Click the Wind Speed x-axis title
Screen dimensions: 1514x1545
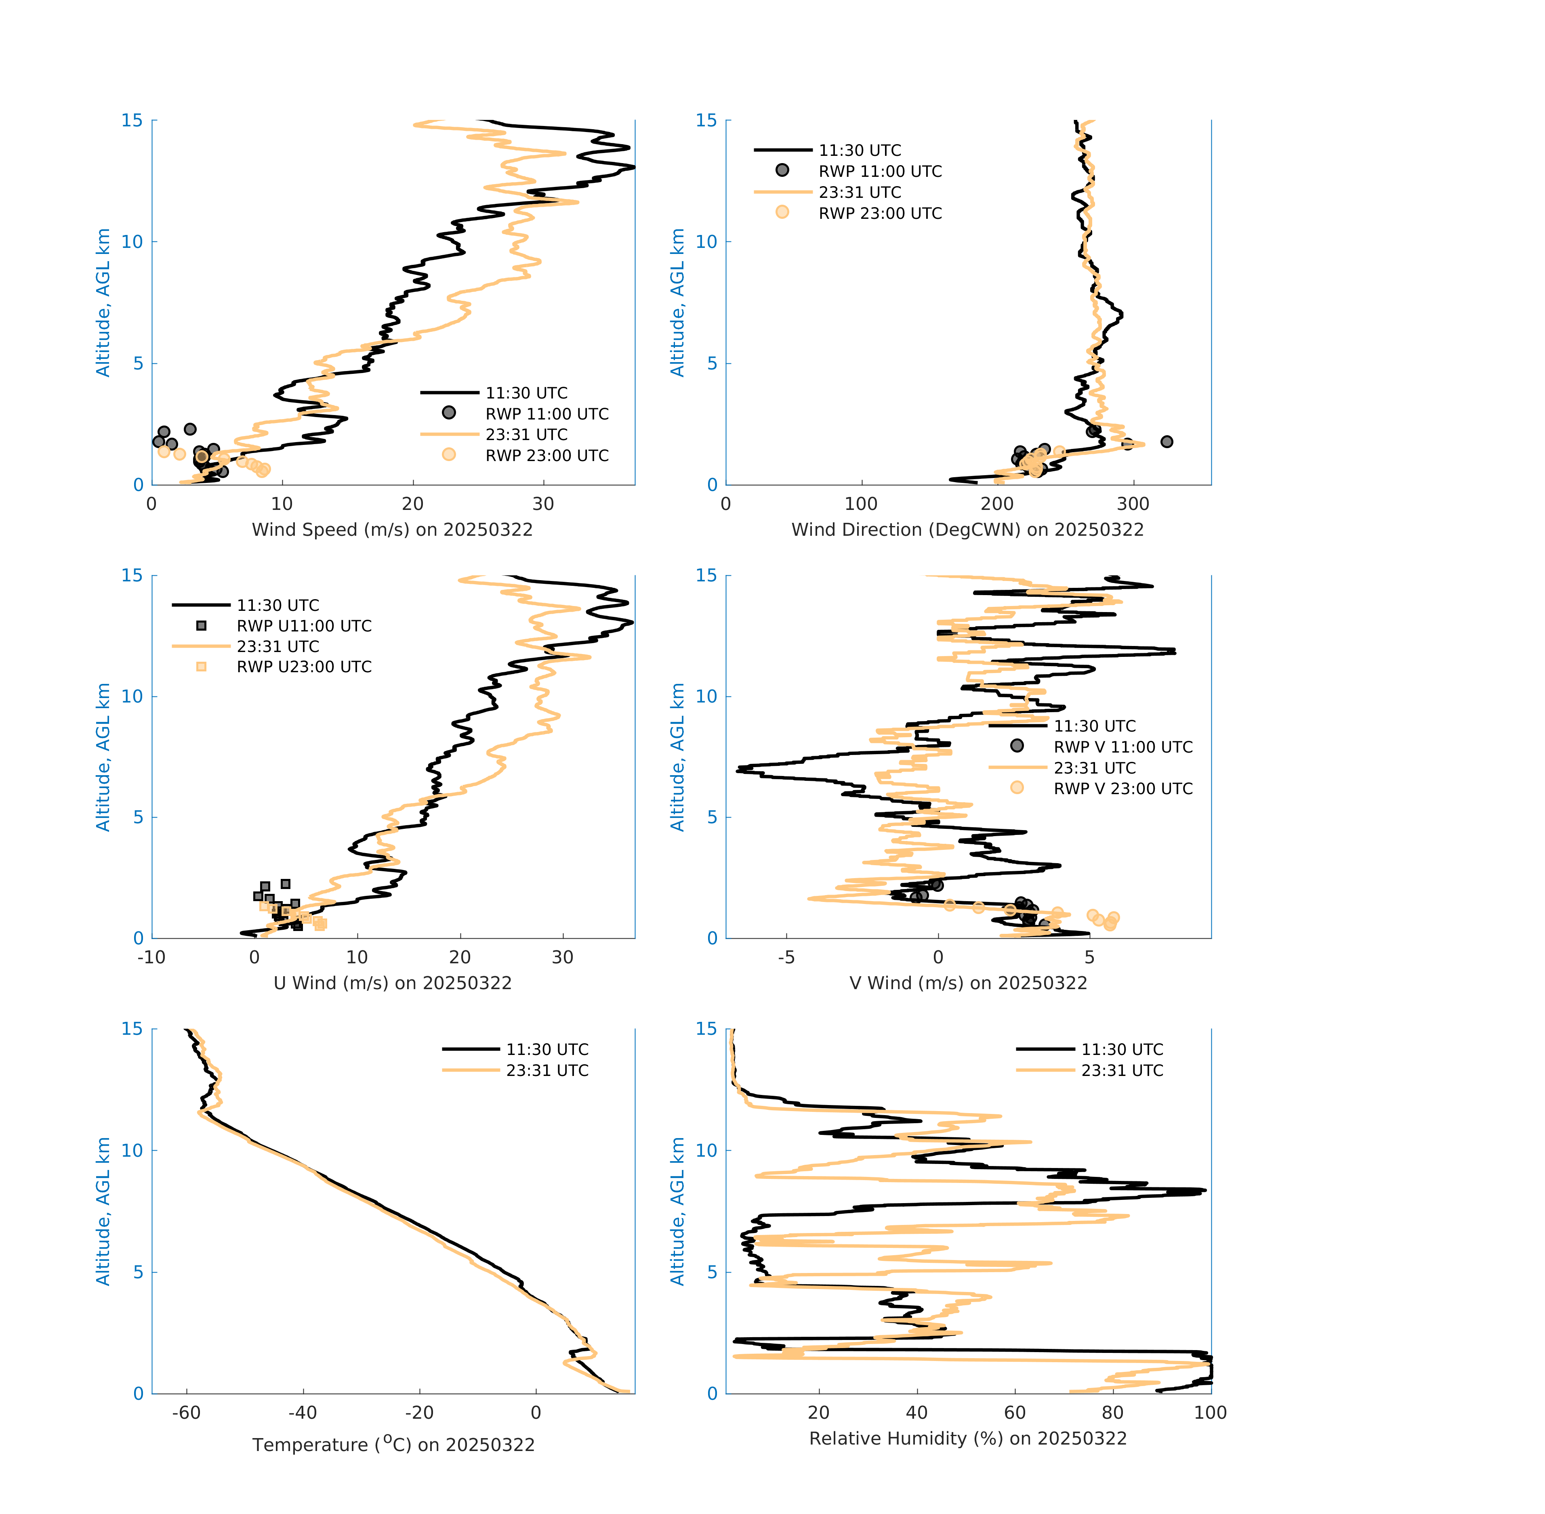coord(392,530)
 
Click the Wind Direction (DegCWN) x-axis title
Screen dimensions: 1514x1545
coord(967,530)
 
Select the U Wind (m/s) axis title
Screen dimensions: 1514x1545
coord(392,983)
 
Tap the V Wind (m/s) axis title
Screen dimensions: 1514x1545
coord(967,983)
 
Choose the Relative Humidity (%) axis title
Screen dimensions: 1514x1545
coord(967,1438)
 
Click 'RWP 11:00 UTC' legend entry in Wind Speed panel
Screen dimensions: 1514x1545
coord(547,413)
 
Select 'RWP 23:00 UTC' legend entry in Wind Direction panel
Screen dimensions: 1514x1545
coord(880,213)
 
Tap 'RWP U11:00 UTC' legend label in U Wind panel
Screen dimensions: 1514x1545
coord(304,626)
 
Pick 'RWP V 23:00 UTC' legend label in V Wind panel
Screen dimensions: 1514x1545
coord(1122,788)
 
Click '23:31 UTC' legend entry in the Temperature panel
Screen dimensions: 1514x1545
coord(547,1070)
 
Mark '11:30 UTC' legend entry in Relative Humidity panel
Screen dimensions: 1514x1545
coord(1122,1050)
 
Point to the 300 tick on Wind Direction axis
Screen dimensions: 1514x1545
coord(1133,504)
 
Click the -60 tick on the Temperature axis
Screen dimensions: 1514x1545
coord(186,1412)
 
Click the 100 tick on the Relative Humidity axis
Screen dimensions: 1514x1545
coord(1210,1412)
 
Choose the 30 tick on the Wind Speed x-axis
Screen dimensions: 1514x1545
coord(543,504)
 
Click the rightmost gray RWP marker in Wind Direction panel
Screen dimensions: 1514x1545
coord(1166,441)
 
